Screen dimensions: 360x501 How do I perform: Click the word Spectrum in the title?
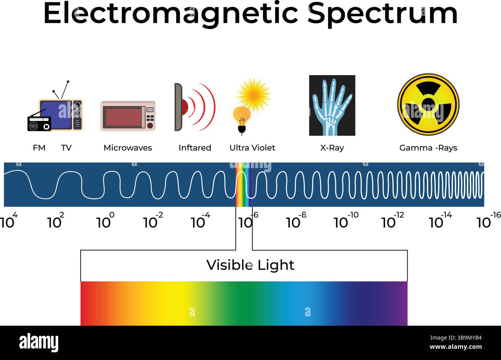pyautogui.click(x=383, y=14)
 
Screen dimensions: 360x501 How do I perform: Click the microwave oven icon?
pyautogui.click(x=128, y=116)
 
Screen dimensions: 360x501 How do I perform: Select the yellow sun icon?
pyautogui.click(x=253, y=94)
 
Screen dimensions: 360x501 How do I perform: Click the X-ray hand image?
pyautogui.click(x=332, y=105)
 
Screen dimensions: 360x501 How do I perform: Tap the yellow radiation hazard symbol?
pyautogui.click(x=428, y=104)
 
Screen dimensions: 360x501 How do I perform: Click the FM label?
pyautogui.click(x=39, y=148)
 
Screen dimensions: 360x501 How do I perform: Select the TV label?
pyautogui.click(x=66, y=148)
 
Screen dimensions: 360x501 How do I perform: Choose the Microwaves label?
pyautogui.click(x=128, y=148)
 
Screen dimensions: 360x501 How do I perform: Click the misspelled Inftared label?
pyautogui.click(x=195, y=148)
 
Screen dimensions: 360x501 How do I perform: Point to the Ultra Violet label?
pyautogui.click(x=252, y=148)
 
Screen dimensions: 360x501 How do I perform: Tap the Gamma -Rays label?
pyautogui.click(x=428, y=148)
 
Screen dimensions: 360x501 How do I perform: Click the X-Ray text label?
pyautogui.click(x=332, y=148)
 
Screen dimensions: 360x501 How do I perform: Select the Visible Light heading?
pyautogui.click(x=250, y=265)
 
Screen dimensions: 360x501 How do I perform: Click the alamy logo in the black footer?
pyautogui.click(x=39, y=342)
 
